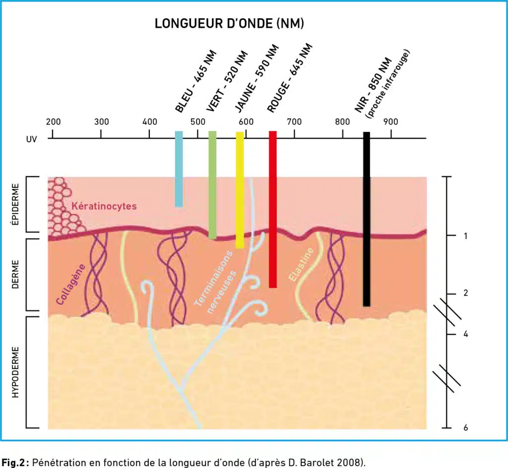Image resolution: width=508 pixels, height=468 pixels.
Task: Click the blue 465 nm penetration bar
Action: (179, 169)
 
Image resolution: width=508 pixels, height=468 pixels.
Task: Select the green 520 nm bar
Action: (212, 185)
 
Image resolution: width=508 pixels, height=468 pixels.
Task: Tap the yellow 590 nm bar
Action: (240, 190)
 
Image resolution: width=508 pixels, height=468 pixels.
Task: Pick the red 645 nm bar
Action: (273, 209)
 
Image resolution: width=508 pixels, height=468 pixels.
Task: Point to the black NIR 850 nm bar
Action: (367, 219)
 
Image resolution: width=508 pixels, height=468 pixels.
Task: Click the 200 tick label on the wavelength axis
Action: (53, 122)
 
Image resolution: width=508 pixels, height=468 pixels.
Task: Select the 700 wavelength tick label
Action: (294, 122)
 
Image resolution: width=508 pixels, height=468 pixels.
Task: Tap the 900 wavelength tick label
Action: (391, 122)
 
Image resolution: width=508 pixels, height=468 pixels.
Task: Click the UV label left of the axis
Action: (31, 139)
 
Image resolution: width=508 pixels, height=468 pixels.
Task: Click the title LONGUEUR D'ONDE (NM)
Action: (229, 24)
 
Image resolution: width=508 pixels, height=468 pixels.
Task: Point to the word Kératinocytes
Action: (104, 206)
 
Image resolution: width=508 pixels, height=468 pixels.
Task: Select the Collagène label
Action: (70, 285)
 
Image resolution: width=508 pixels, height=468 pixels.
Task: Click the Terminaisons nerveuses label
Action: (215, 282)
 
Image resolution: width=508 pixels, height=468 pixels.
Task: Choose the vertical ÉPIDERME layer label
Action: (15, 204)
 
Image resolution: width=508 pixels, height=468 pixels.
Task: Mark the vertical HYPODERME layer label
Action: (15, 372)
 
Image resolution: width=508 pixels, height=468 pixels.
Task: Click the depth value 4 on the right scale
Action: (465, 334)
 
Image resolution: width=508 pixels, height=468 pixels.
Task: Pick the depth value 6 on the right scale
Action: (465, 427)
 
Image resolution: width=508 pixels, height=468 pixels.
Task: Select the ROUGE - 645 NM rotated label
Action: (290, 78)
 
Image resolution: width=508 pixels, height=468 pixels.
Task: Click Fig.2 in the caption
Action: (13, 462)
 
